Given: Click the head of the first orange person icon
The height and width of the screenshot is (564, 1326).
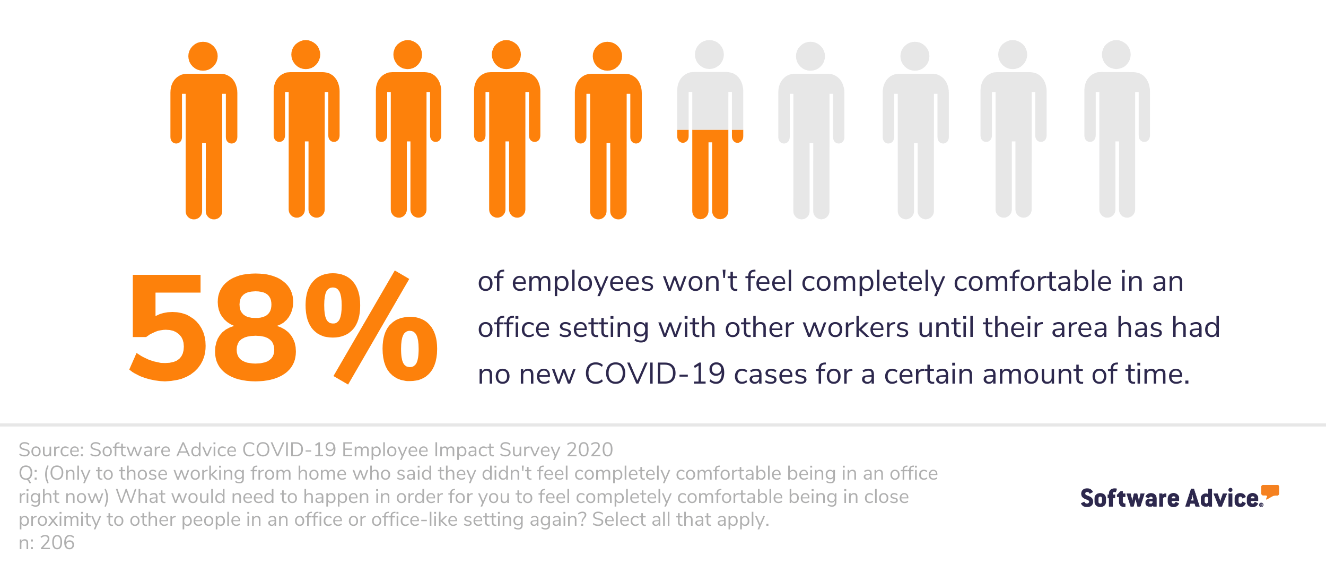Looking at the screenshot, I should coord(203,56).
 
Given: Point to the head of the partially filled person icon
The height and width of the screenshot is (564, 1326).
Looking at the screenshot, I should coord(710,55).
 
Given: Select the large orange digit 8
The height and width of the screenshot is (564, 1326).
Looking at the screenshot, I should coord(256,327).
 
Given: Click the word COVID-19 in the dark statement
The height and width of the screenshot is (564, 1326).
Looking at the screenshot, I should coord(655,374).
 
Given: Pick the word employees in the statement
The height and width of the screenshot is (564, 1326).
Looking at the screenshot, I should coord(582,282).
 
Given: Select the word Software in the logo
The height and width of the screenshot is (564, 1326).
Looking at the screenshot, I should coord(1130,498).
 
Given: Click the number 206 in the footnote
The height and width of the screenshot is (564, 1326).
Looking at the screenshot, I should coord(57,543).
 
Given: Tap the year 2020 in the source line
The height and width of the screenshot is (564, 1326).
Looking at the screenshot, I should coord(589,450).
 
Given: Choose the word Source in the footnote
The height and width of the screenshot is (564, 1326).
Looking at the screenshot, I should coord(50,450).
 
